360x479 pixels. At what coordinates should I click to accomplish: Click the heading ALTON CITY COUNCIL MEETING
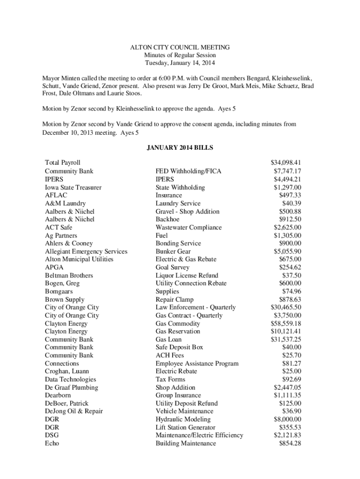[x=180, y=47]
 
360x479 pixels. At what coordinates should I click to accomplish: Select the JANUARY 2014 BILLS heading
[x=180, y=148]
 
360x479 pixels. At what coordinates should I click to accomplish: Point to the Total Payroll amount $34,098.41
[x=286, y=162]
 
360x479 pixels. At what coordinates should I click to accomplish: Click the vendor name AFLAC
[x=55, y=195]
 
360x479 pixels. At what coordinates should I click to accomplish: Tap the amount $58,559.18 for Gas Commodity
[x=286, y=323]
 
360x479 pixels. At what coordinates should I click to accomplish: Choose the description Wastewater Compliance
[x=189, y=227]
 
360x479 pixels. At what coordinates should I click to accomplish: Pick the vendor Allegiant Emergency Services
[x=86, y=251]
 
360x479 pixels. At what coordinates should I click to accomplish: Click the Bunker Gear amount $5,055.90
[x=287, y=251]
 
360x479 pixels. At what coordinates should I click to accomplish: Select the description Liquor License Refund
[x=187, y=276]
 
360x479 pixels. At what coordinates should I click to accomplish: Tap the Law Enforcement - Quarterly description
[x=195, y=307]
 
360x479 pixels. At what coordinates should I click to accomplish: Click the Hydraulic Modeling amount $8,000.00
[x=287, y=419]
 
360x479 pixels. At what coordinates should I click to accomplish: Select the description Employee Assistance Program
[x=197, y=363]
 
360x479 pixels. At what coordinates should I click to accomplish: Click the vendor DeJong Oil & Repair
[x=74, y=411]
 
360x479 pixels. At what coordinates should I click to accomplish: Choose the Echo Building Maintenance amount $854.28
[x=290, y=443]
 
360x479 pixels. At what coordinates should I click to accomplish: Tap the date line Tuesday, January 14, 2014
[x=180, y=63]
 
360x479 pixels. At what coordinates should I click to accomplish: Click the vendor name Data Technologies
[x=71, y=379]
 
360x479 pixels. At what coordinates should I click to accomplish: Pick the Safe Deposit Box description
[x=180, y=347]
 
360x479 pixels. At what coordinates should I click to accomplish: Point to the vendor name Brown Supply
[x=65, y=299]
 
